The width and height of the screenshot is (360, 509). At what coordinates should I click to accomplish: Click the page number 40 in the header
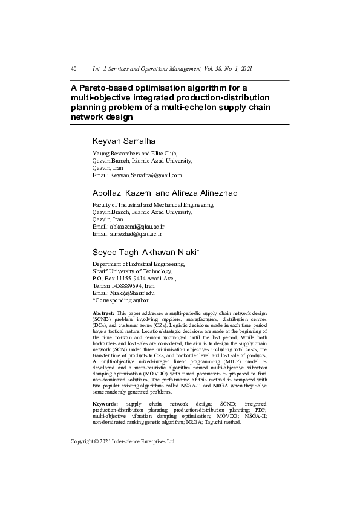click(73, 69)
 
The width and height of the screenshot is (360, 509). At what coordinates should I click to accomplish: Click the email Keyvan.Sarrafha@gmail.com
click(146, 175)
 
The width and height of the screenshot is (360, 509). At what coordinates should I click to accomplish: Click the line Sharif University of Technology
click(133, 271)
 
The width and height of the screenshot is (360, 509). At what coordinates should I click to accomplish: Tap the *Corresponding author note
click(120, 300)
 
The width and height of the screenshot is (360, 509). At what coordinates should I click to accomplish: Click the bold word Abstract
click(103, 313)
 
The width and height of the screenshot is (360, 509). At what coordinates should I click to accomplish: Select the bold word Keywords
click(105, 403)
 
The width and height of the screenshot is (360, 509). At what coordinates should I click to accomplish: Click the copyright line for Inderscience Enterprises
click(123, 441)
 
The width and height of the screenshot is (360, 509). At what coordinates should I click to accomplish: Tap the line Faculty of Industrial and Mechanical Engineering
click(152, 205)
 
